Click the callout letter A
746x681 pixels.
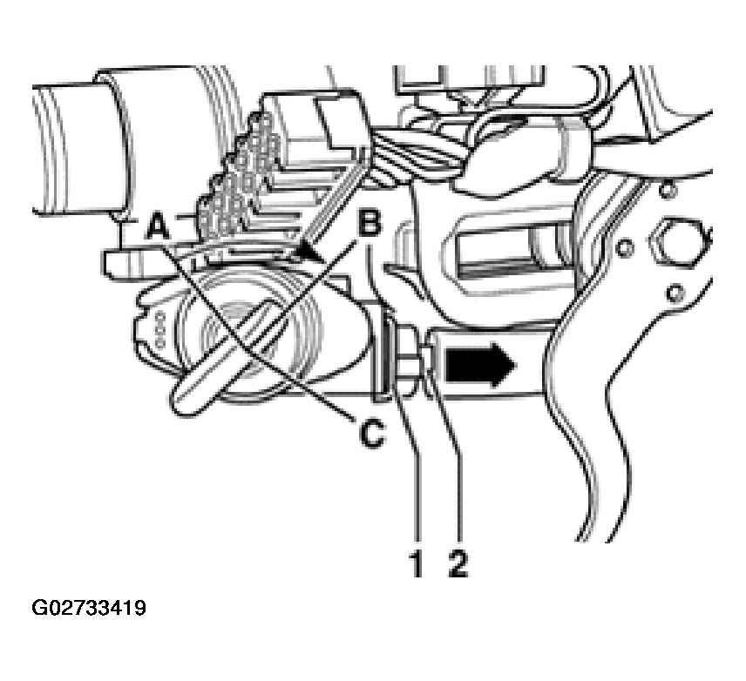point(158,225)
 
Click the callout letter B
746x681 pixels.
point(370,223)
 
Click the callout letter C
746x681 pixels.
point(371,433)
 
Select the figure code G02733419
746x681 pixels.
point(89,608)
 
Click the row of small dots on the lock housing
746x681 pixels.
point(159,328)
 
